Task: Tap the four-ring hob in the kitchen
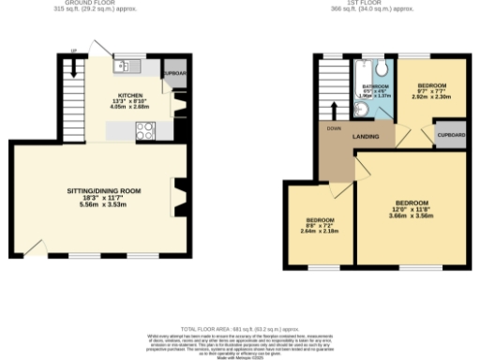(x=146, y=132)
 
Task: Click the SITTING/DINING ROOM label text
(x=103, y=190)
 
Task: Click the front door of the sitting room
(x=35, y=247)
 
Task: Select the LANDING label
(x=365, y=137)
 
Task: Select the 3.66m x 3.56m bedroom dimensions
(x=411, y=216)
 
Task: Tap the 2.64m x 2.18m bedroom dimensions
(x=320, y=230)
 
